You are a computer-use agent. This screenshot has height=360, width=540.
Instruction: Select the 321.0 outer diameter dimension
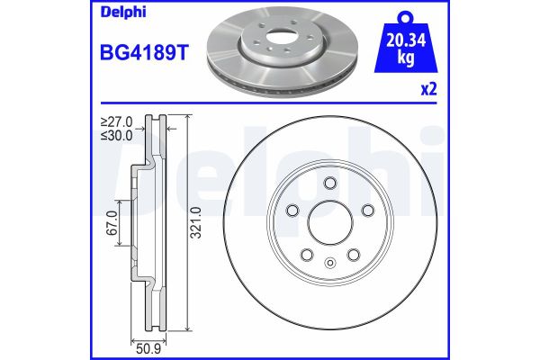click(195, 221)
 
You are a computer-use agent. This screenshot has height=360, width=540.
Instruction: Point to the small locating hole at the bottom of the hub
click(330, 263)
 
